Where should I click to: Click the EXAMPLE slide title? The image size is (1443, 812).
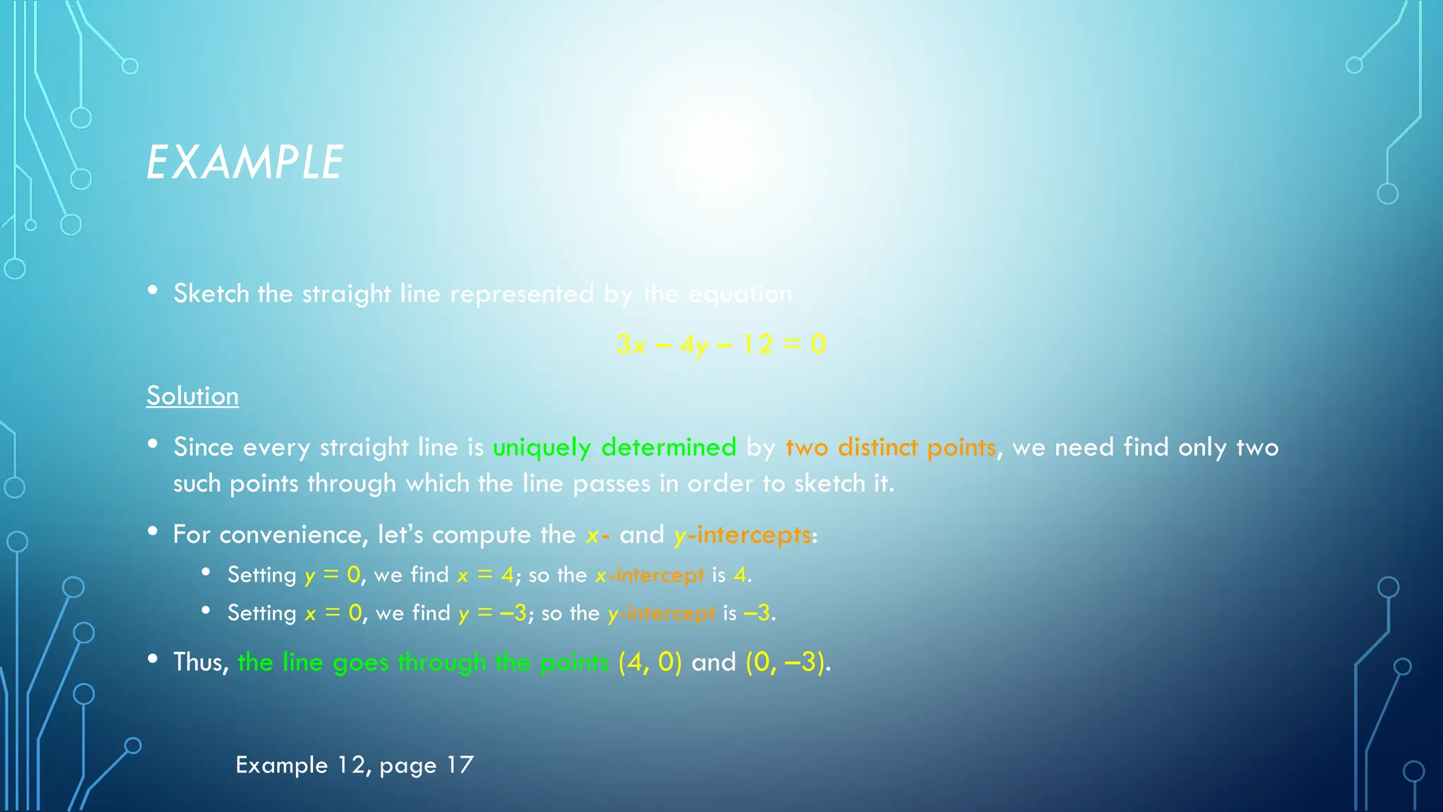(244, 163)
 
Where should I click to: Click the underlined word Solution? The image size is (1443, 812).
(192, 396)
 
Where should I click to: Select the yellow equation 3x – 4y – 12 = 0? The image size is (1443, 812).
(721, 345)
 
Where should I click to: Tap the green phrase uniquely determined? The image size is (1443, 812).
(614, 448)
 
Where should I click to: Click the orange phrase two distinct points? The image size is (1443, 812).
(891, 448)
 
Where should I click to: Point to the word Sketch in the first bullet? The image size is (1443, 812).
(211, 294)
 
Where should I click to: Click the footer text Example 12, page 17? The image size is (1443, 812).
(354, 765)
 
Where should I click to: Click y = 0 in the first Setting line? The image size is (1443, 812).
(333, 575)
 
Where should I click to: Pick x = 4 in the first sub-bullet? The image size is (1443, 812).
(485, 575)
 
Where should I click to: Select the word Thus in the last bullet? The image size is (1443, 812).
(201, 663)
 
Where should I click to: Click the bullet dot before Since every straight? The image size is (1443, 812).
(153, 444)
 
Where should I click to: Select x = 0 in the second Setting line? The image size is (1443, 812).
(334, 613)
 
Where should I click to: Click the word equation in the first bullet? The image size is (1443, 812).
(740, 294)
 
